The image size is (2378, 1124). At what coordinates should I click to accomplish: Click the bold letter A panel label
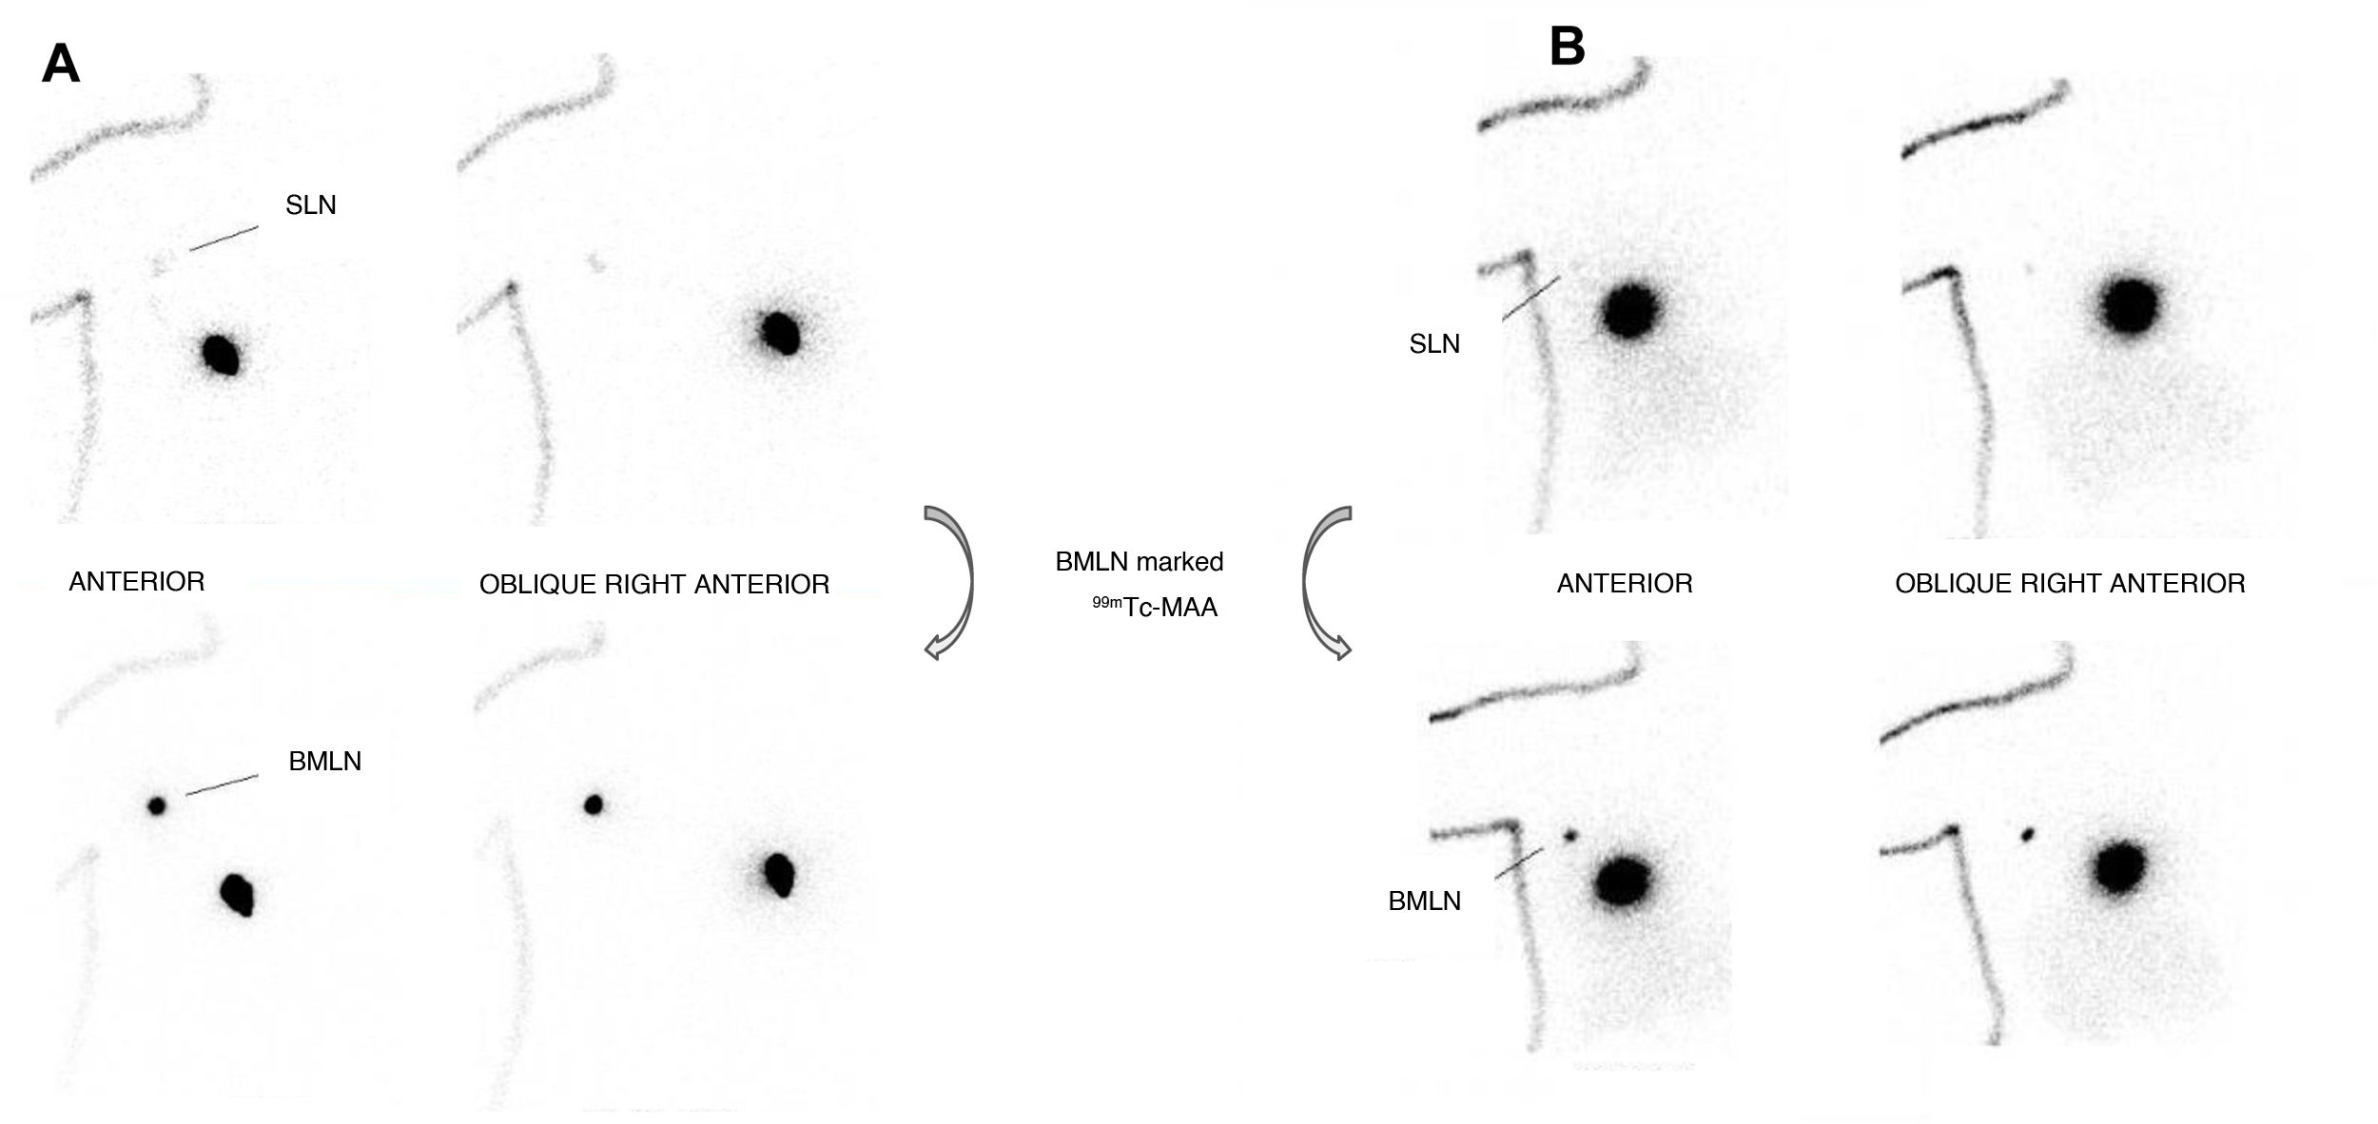click(61, 65)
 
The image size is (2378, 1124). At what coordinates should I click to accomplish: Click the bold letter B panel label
click(1567, 46)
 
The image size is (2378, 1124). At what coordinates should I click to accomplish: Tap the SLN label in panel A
click(311, 205)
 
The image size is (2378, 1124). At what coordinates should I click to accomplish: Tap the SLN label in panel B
click(1434, 344)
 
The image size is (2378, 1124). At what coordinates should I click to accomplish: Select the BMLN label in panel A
click(324, 762)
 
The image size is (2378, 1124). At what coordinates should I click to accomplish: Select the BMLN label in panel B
click(1424, 901)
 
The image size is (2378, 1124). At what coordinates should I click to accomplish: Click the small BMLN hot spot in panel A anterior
click(157, 806)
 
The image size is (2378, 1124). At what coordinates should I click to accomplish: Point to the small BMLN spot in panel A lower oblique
click(594, 805)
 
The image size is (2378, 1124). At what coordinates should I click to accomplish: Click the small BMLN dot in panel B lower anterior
click(1569, 836)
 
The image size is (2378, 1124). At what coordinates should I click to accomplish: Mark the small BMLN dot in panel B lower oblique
click(2028, 835)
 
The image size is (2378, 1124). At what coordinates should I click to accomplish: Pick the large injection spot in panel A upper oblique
click(781, 331)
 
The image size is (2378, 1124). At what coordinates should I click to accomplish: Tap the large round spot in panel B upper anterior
click(1630, 309)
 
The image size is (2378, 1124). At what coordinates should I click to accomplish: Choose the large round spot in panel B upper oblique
click(2129, 305)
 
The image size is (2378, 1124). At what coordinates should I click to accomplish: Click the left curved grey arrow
click(950, 582)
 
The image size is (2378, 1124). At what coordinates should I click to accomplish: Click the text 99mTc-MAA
click(1155, 607)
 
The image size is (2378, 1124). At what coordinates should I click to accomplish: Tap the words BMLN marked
click(1139, 562)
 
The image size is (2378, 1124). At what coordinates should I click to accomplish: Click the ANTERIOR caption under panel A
click(137, 582)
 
